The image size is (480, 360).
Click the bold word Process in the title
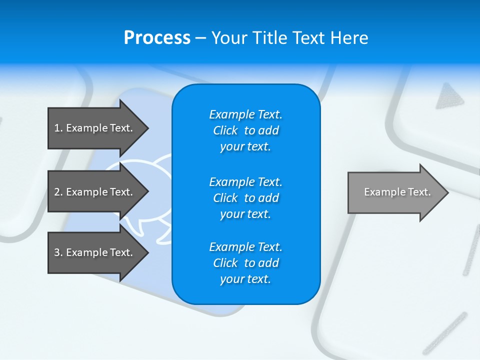click(x=157, y=38)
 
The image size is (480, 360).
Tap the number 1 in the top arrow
click(x=57, y=128)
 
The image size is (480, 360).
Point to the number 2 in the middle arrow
click(x=57, y=192)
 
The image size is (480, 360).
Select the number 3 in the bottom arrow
click(x=57, y=252)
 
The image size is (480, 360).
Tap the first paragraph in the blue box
click(x=245, y=130)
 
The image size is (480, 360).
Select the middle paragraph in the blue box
click(x=245, y=198)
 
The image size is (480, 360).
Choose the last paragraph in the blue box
click(x=245, y=263)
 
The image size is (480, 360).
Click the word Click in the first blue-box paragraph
click(x=225, y=130)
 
